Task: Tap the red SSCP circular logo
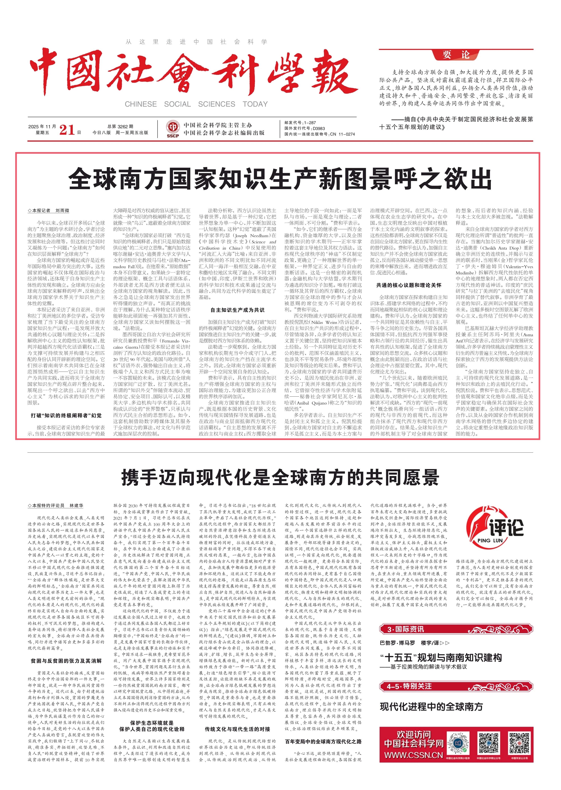click(172, 128)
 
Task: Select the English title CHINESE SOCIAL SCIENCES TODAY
click(196, 104)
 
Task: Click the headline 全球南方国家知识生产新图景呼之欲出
click(280, 178)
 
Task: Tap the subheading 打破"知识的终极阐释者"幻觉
click(66, 415)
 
